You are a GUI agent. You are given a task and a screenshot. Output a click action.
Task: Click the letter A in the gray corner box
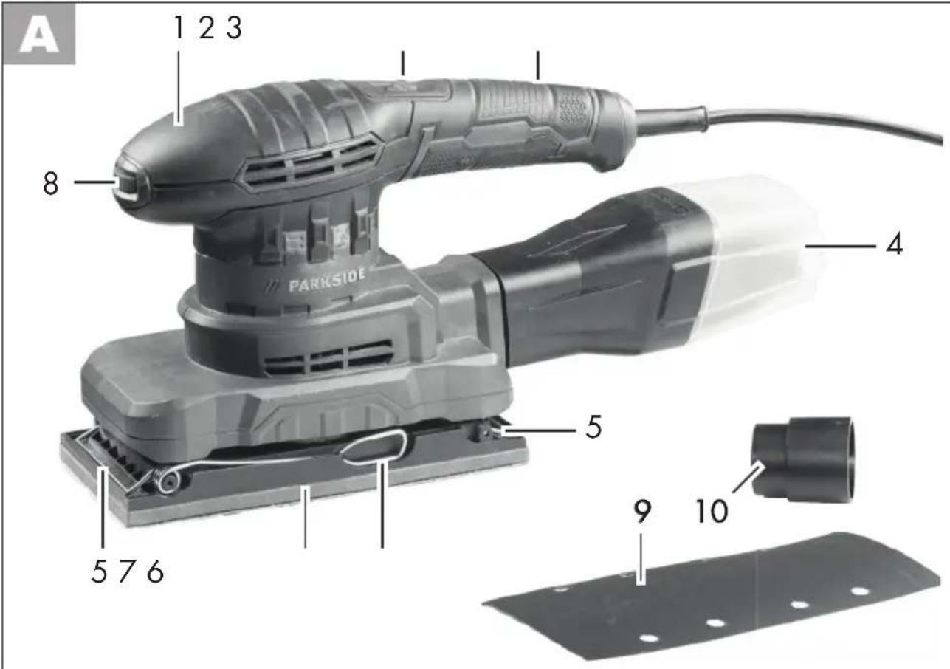coord(39,37)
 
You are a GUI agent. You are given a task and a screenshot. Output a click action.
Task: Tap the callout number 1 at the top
coord(179,28)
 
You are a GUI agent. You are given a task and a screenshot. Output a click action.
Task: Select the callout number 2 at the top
coord(207,28)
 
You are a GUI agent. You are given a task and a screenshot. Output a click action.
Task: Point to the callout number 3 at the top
coord(234,28)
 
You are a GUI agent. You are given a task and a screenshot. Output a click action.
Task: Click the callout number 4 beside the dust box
coord(894,245)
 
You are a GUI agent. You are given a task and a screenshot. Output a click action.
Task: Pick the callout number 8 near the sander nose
coord(51,183)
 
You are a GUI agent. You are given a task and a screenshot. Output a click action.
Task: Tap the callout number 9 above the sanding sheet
coord(642,511)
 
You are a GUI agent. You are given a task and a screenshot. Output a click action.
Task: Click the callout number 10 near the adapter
coord(712,511)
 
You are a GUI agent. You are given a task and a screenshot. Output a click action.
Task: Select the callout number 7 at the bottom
coord(126,572)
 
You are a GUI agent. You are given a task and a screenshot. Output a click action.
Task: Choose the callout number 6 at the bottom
coord(155,572)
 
